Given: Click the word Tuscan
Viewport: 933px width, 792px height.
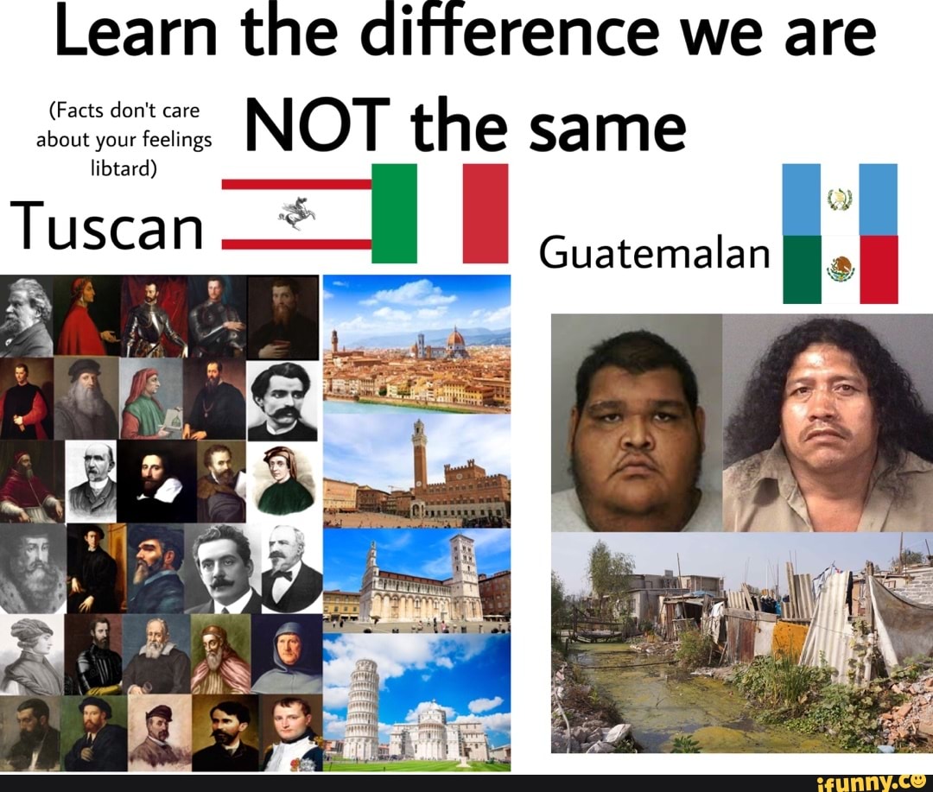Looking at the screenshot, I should [108, 227].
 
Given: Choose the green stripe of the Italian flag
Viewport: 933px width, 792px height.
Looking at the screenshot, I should [395, 213].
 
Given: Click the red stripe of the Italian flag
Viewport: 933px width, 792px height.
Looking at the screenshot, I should [486, 213].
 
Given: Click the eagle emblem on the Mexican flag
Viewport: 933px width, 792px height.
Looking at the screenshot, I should [840, 270].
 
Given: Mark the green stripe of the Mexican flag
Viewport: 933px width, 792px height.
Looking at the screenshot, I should [802, 270].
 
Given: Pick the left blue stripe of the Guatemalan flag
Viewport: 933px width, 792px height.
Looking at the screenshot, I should [801, 200].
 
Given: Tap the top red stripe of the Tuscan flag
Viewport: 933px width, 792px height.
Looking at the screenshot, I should [296, 184].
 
